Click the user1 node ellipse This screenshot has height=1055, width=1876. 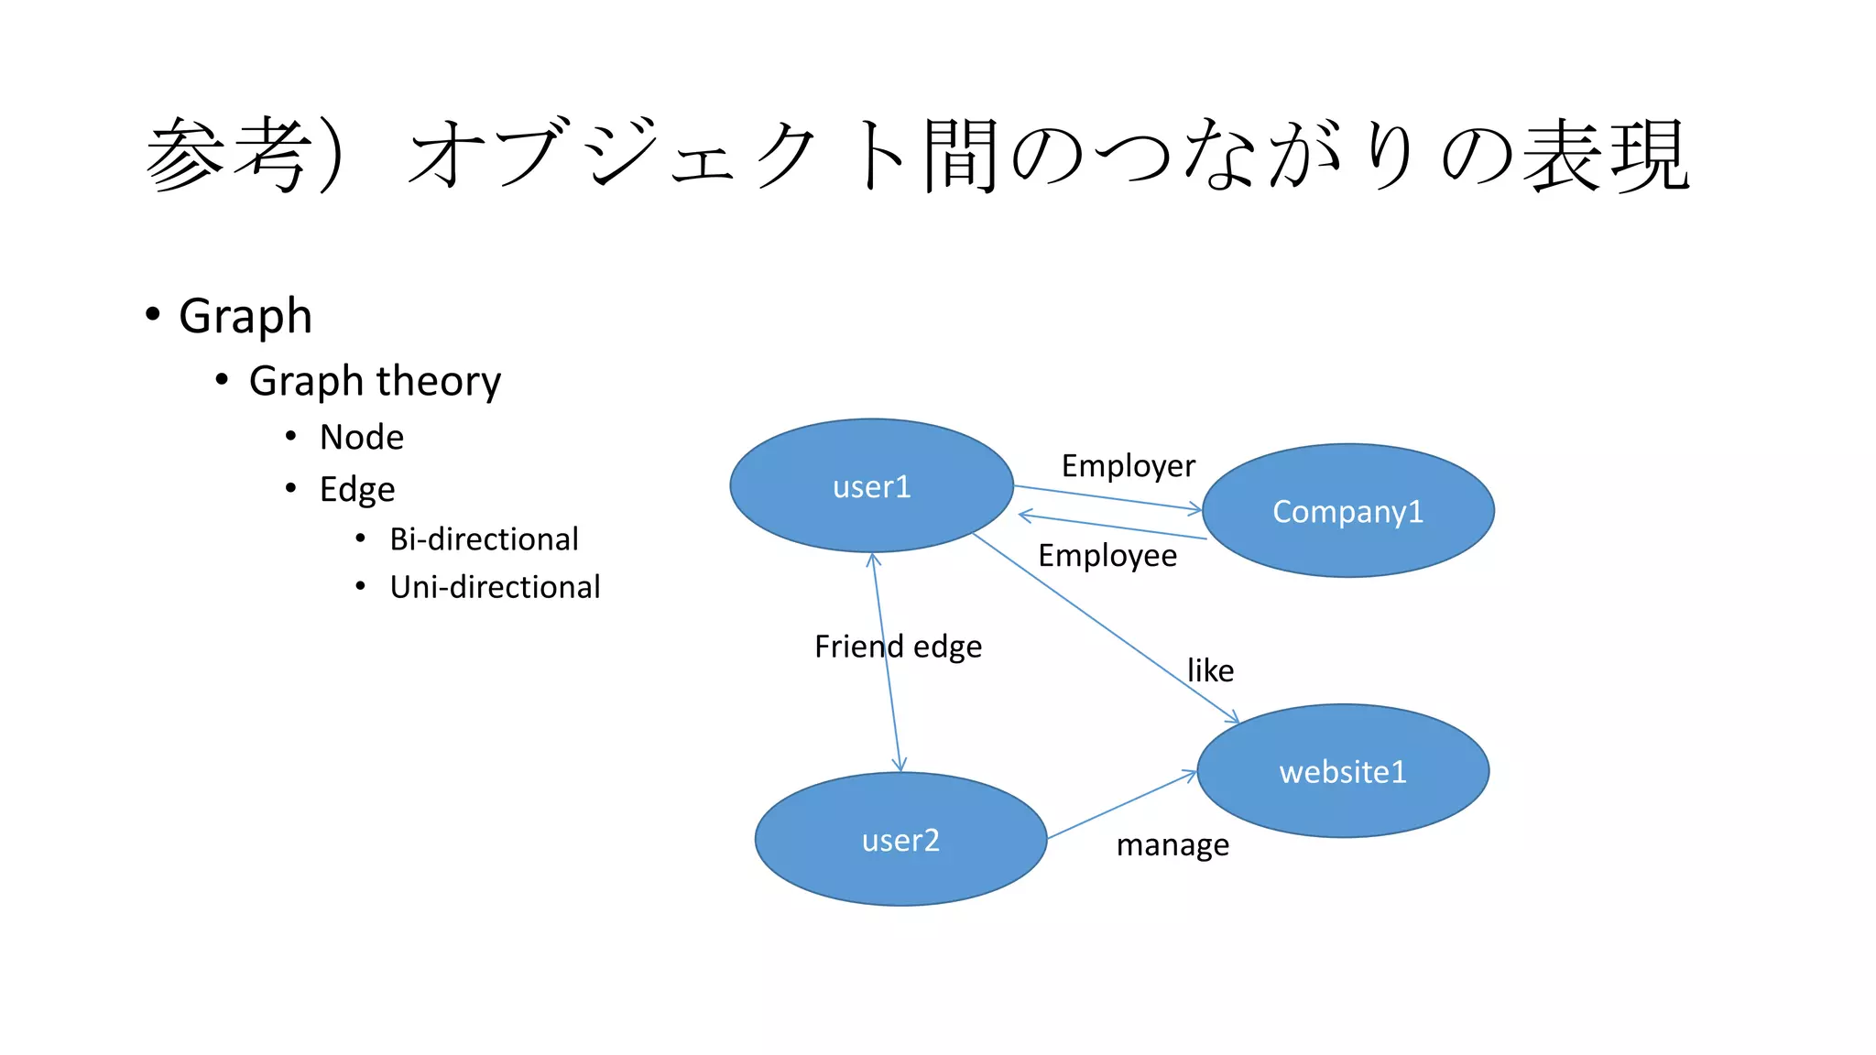tap(871, 485)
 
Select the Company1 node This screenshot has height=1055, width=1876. tap(1347, 511)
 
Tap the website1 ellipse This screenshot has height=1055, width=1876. tap(1343, 771)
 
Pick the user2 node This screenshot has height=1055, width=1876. tap(900, 840)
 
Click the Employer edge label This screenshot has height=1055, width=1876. tap(1128, 466)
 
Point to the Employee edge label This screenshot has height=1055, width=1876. tap(1107, 556)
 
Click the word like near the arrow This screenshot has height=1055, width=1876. tap(1210, 670)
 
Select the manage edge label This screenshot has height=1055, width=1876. tap(1172, 844)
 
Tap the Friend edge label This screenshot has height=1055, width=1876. tap(898, 647)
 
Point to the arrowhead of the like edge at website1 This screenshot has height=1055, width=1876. tap(1233, 717)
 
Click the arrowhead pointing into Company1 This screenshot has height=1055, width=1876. tap(1195, 508)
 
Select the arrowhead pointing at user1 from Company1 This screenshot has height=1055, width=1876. tap(1025, 517)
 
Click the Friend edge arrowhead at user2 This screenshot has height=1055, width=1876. tap(900, 765)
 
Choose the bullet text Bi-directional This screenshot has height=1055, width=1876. tap(484, 539)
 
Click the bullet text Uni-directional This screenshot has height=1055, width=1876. tap(495, 587)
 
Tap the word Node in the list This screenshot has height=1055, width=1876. tap(362, 438)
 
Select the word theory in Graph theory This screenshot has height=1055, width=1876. tap(439, 381)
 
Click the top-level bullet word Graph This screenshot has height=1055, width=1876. tap(245, 316)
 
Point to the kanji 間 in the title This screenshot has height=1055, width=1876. tap(959, 156)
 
